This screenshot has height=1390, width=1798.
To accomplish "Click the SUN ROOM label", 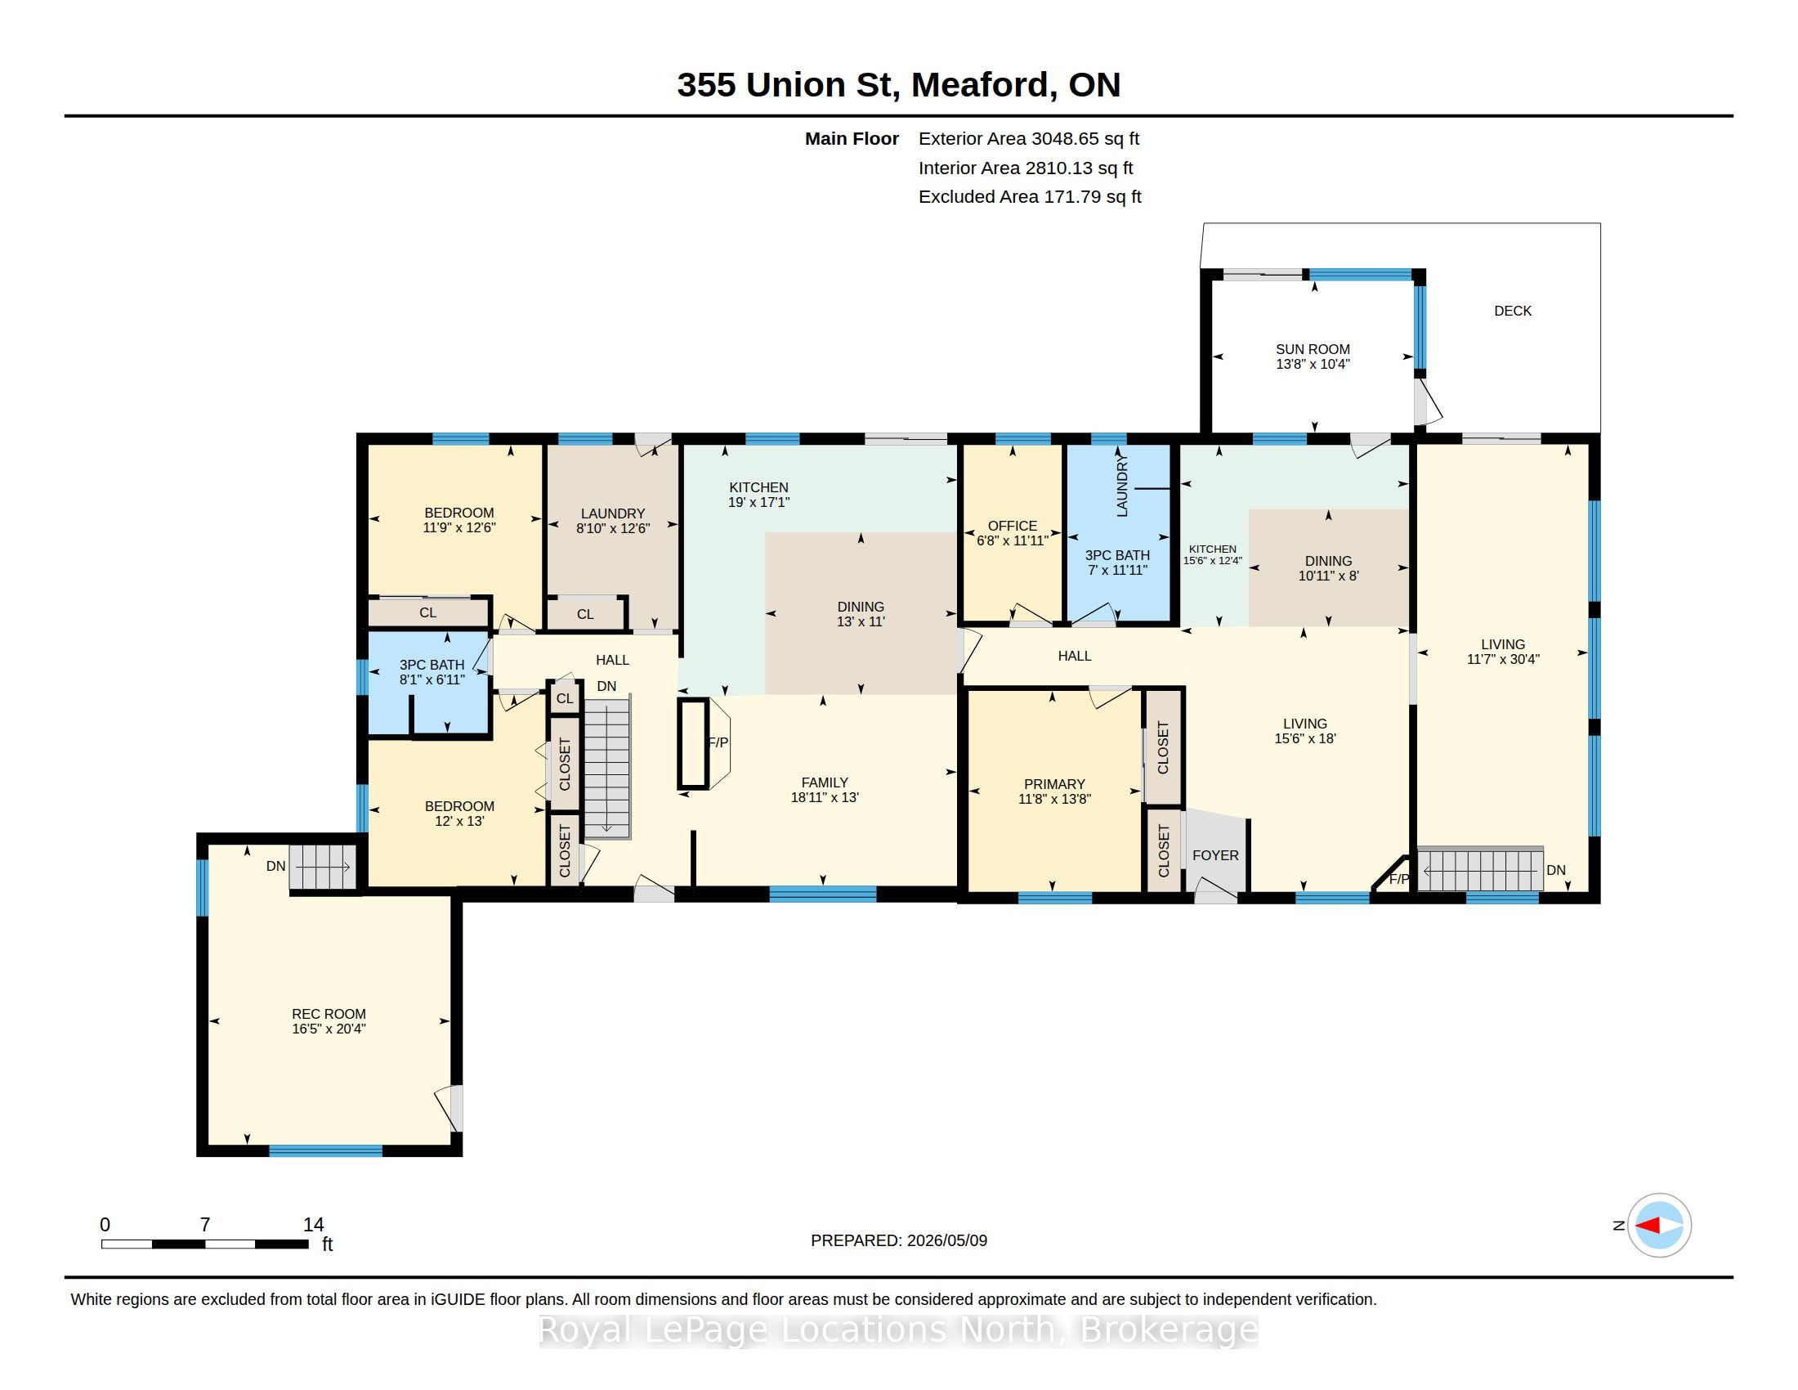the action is (1313, 349).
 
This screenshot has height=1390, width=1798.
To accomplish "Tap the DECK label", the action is (1512, 311).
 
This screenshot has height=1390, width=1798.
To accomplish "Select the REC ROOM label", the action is (329, 1014).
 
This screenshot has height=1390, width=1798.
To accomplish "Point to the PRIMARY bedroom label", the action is (1054, 784).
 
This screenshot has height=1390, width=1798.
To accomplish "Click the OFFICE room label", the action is (1012, 526).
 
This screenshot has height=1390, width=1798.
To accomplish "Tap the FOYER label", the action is (1215, 854).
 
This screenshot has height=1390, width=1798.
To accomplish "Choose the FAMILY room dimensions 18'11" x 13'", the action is (825, 797).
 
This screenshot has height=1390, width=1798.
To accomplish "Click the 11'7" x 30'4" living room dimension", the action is (1502, 659).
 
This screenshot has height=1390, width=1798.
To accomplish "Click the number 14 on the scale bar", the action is (313, 1225).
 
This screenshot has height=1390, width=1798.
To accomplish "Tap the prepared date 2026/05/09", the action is (946, 1240).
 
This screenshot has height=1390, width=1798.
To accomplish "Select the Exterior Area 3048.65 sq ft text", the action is (1029, 138).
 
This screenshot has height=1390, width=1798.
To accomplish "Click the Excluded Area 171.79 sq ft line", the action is (1030, 197).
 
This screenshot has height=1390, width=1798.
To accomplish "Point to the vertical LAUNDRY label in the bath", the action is (1121, 487).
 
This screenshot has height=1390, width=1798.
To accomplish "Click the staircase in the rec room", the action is (322, 866).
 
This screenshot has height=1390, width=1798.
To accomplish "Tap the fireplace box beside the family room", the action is (693, 743).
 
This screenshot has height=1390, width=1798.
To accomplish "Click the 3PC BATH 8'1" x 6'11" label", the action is (432, 672).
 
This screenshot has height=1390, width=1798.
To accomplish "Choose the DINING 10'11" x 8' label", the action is (1328, 568).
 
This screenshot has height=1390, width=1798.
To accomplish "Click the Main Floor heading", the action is (852, 139).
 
